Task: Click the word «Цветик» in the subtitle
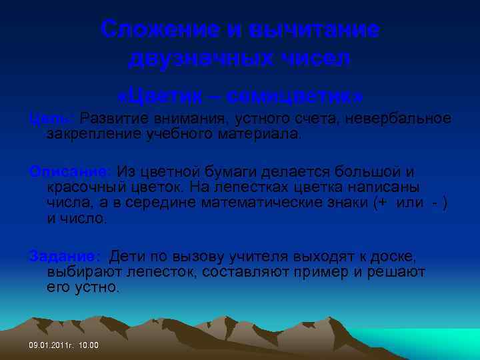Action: pos(160,96)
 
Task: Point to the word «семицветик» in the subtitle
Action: pos(294,96)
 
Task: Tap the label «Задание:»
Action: pos(65,257)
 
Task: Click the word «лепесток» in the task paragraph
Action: pos(151,273)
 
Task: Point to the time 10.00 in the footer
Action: pos(88,345)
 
